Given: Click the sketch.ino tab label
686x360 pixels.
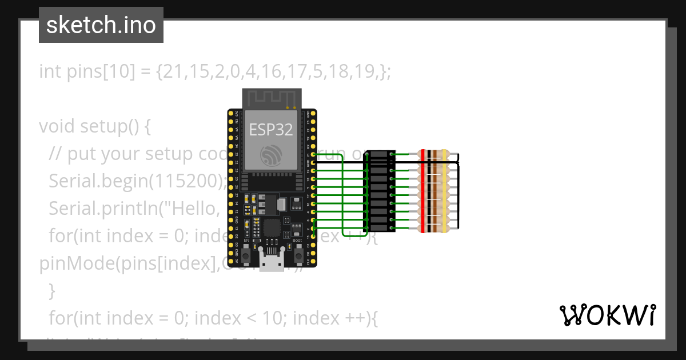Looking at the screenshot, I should [101, 25].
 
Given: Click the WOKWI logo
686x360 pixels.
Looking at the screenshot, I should [608, 315].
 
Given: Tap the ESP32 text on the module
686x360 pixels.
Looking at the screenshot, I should [271, 130].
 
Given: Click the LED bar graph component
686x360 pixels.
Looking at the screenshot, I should [379, 191].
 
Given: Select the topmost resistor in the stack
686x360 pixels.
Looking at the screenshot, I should [434, 154].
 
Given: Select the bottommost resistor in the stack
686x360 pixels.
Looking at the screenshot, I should [434, 228].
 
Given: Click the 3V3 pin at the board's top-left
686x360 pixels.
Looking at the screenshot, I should [231, 113].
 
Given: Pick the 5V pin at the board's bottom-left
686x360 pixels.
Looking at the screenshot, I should [231, 261].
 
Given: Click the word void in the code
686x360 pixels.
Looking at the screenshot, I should [55, 126].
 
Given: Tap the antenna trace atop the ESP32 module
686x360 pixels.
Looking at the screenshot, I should [271, 98].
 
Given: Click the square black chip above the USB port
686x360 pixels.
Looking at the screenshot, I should [271, 228].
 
